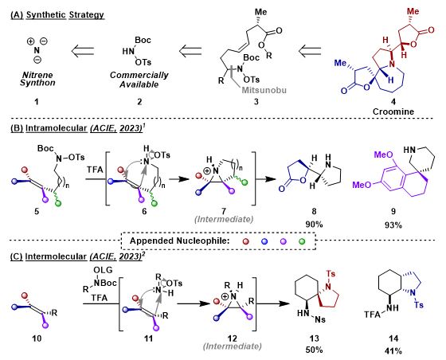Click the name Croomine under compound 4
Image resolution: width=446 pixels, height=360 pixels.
pyautogui.click(x=393, y=112)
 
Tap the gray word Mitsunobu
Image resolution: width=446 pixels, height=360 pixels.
pyautogui.click(x=264, y=91)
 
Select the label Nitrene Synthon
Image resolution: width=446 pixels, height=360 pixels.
pyautogui.click(x=37, y=79)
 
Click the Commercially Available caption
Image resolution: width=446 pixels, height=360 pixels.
pyautogui.click(x=139, y=80)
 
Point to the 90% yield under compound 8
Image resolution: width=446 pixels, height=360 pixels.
pyautogui.click(x=314, y=225)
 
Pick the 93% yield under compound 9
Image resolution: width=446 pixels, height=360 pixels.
pyautogui.click(x=393, y=225)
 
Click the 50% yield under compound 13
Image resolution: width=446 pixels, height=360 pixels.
pyautogui.click(x=314, y=350)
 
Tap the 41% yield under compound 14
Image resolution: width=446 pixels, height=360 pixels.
pyautogui.click(x=393, y=351)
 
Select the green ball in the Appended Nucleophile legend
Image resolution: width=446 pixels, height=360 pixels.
pyautogui.click(x=302, y=241)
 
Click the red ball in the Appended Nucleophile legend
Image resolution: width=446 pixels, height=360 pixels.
pyautogui.click(x=246, y=241)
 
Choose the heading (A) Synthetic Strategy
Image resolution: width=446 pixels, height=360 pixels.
pyautogui.click(x=57, y=15)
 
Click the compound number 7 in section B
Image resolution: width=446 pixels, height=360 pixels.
pyautogui.click(x=224, y=211)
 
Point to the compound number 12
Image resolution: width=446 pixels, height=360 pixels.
pyautogui.click(x=232, y=338)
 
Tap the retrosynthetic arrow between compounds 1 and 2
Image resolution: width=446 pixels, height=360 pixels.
pyautogui.click(x=83, y=51)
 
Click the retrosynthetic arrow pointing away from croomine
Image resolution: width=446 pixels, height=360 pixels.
pyautogui.click(x=310, y=51)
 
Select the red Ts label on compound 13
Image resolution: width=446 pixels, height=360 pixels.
pyautogui.click(x=331, y=274)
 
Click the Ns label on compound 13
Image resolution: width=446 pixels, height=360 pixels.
pyautogui.click(x=320, y=319)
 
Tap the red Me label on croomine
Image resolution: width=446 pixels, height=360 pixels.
pyautogui.click(x=413, y=11)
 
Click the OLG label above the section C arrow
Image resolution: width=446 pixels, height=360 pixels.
pyautogui.click(x=104, y=269)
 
